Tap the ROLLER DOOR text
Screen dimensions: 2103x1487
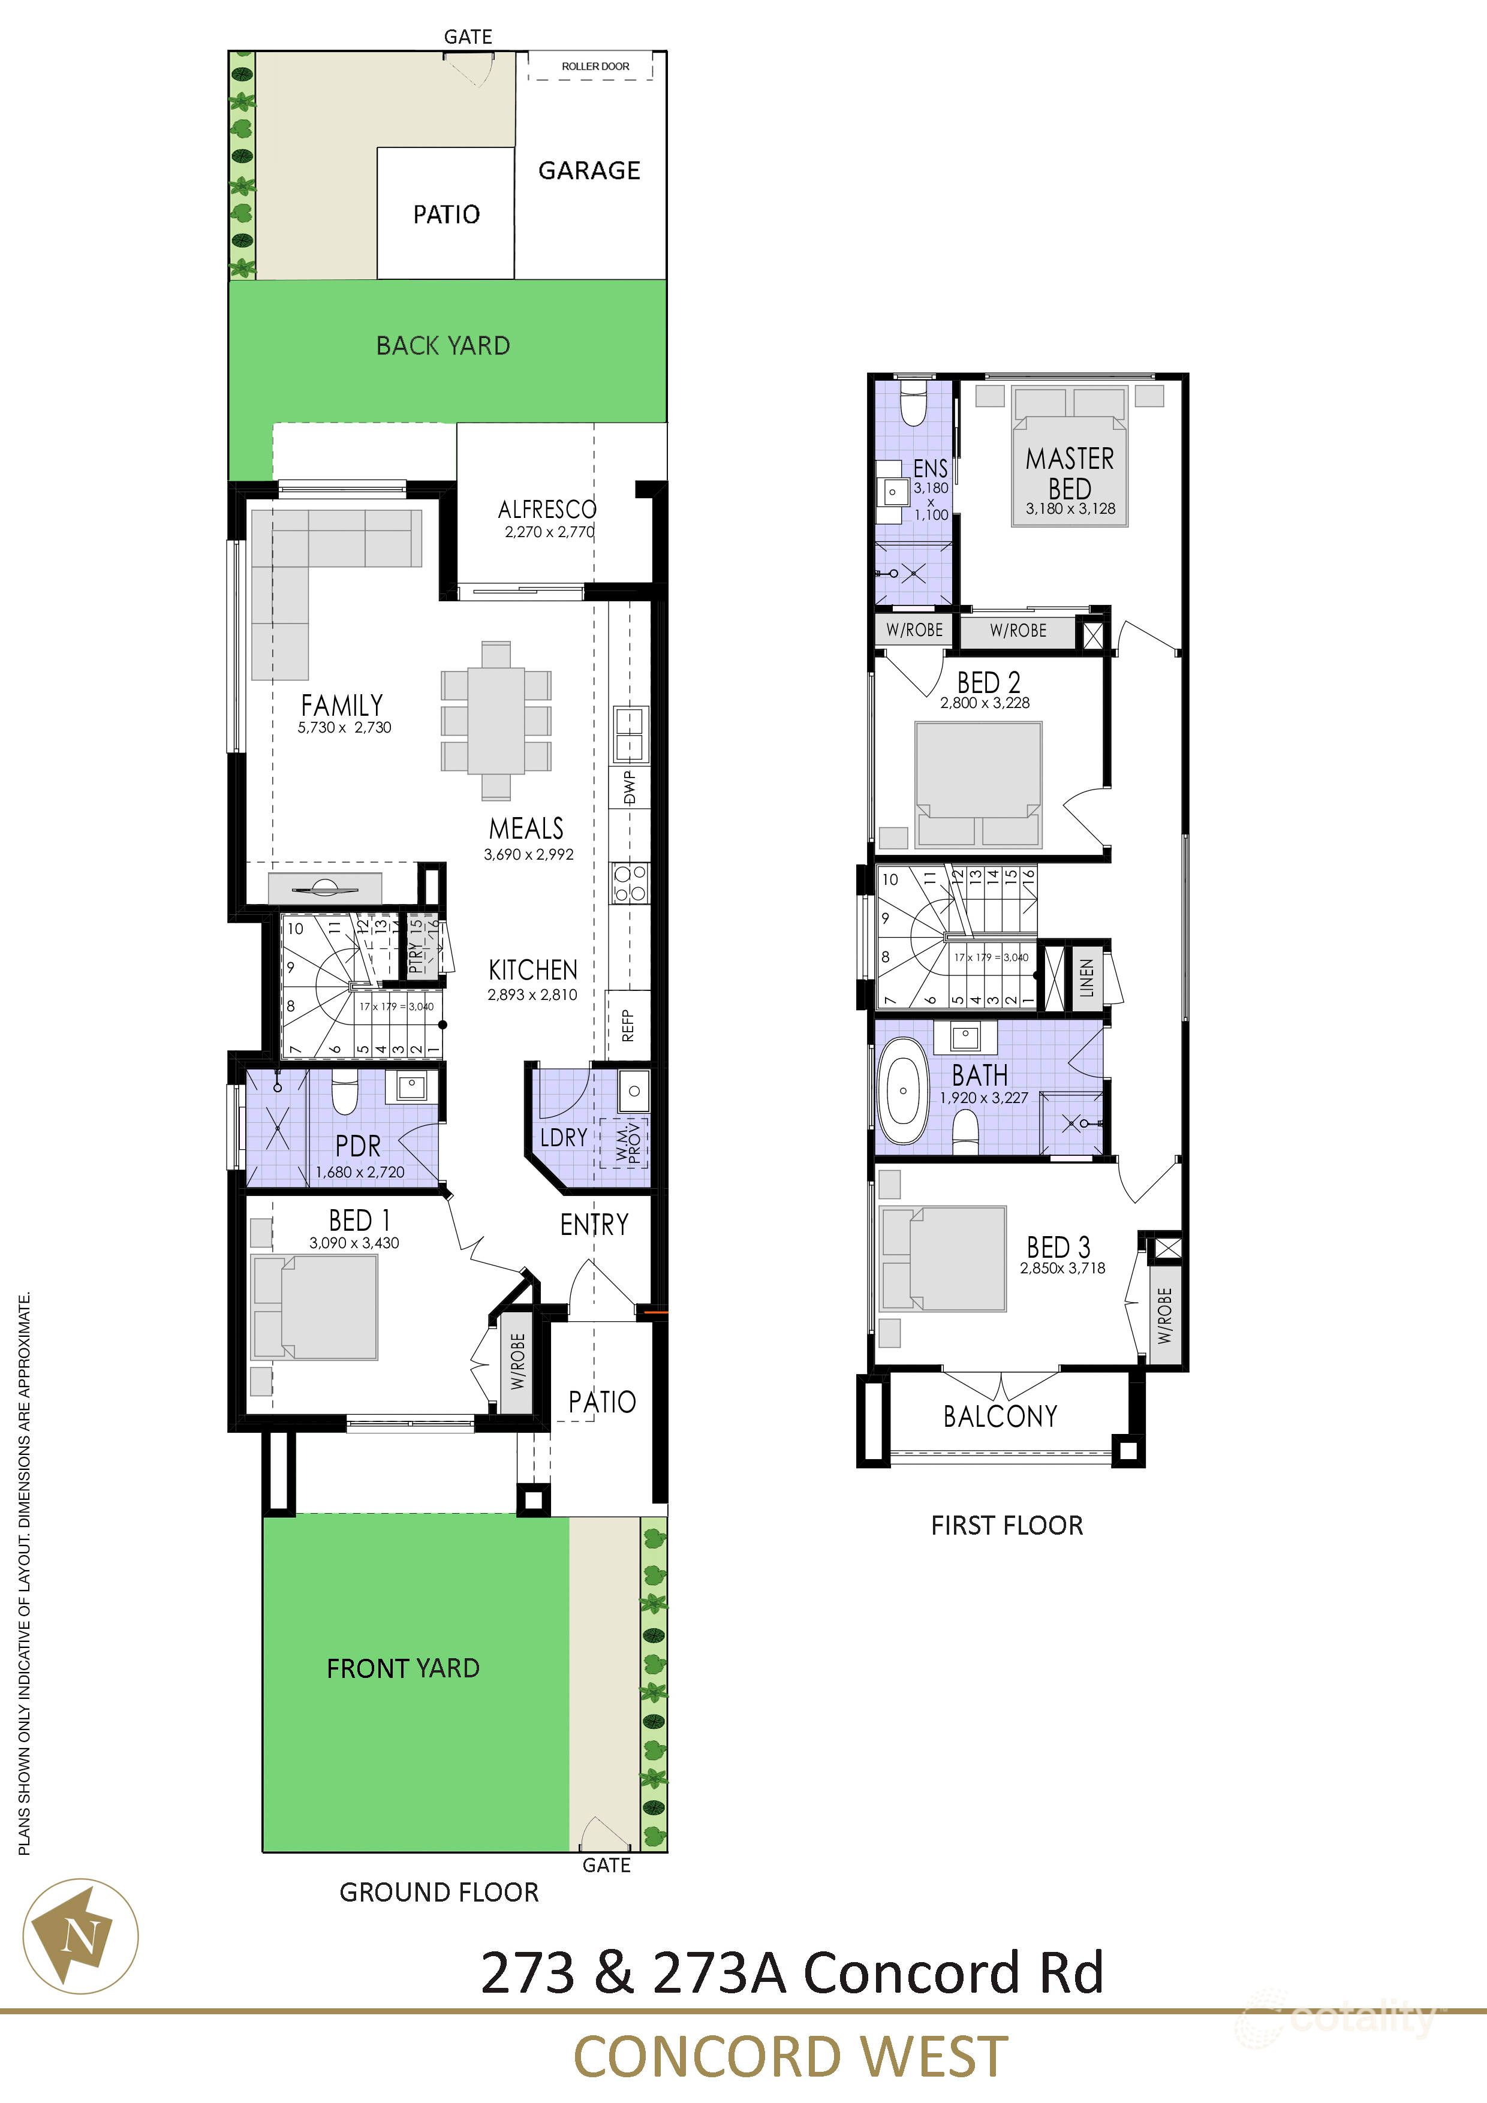(595, 66)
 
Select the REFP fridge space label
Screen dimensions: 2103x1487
(628, 1025)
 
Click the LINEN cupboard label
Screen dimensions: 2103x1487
(1086, 977)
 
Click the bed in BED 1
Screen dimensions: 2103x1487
(316, 1307)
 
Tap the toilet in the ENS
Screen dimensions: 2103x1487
(913, 404)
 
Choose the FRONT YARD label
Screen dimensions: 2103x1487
(403, 1668)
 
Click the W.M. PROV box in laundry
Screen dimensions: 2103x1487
(624, 1144)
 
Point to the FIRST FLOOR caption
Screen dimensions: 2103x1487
(1006, 1525)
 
